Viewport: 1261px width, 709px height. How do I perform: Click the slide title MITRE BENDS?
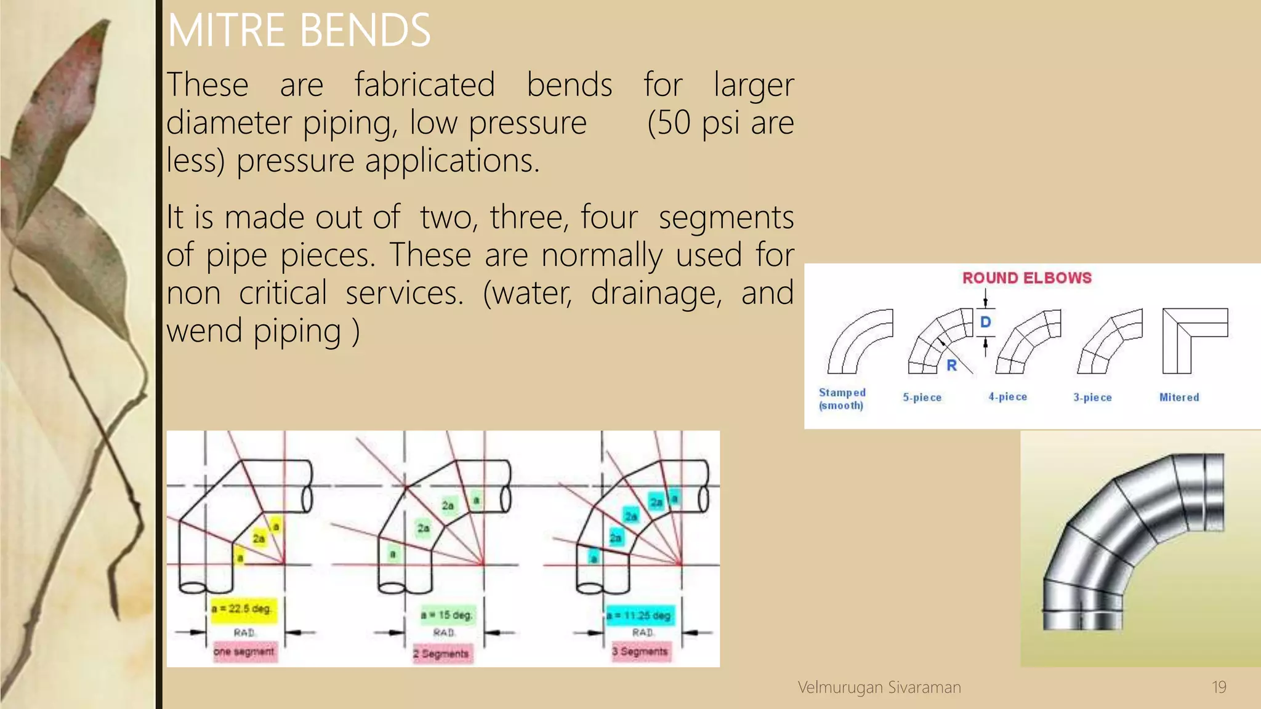tap(299, 30)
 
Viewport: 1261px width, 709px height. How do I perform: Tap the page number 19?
tap(1219, 687)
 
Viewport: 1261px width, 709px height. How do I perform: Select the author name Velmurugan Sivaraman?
tap(879, 687)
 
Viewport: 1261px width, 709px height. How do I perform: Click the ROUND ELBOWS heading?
tap(1026, 278)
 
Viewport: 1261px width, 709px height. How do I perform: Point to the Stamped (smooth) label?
tap(842, 399)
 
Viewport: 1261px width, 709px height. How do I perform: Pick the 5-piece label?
tap(922, 398)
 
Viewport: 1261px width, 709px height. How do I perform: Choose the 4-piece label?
tap(1007, 397)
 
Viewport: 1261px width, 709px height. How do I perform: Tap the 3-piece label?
tap(1092, 398)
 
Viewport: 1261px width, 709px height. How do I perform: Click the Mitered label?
tap(1178, 398)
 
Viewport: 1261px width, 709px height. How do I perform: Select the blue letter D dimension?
tap(985, 322)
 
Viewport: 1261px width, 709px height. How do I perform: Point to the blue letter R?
tap(951, 366)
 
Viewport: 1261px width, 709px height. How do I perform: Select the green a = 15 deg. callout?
tap(447, 615)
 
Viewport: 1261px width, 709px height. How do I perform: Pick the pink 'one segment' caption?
tap(244, 651)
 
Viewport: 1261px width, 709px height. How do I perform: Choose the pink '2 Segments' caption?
tap(441, 654)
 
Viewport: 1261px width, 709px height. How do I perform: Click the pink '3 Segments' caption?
tap(640, 651)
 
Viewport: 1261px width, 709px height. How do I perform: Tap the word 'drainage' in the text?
tap(656, 293)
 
